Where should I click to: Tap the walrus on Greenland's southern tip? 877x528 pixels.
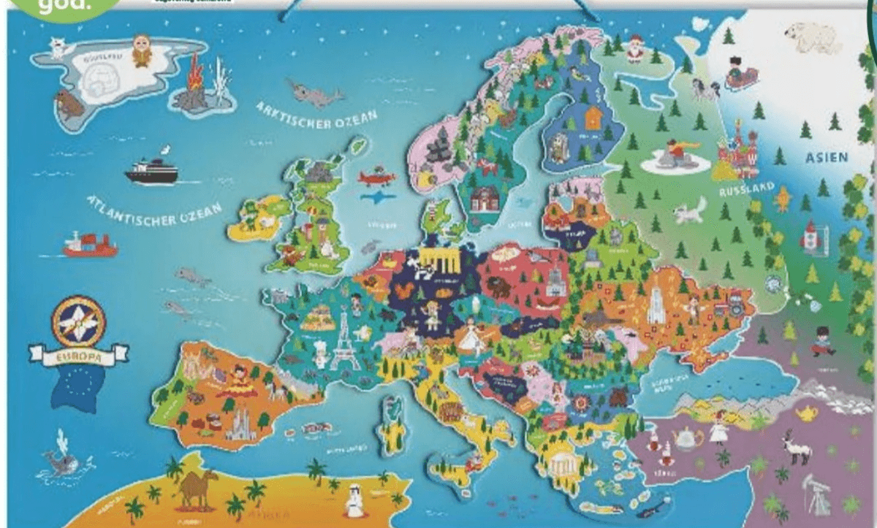coord(70,106)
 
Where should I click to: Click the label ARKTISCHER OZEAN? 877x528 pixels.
coord(316,119)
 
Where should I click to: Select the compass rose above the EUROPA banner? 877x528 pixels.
coord(78,321)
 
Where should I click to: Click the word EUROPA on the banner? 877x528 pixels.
coord(78,358)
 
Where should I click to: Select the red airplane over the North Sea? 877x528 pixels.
coord(377,177)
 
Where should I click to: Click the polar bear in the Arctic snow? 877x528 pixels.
coord(813,37)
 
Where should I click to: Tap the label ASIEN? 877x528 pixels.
coord(826,157)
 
